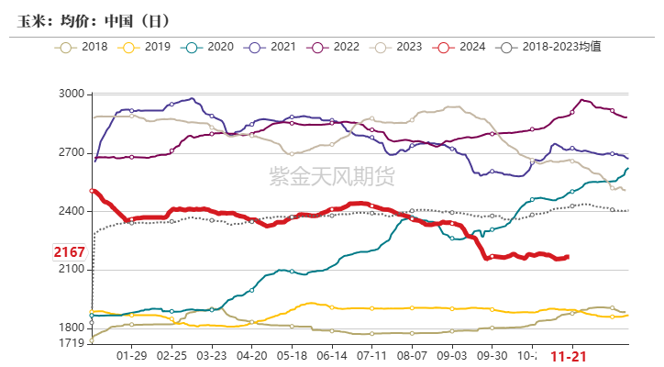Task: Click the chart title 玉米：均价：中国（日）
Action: point(94,19)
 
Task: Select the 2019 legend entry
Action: point(149,46)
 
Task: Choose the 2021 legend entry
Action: point(274,46)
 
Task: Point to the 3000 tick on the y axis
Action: point(71,95)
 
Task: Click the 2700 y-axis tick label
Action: point(71,152)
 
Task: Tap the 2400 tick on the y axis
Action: point(71,211)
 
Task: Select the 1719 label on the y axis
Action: point(71,343)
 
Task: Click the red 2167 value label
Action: point(69,252)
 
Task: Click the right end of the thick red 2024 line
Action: point(568,257)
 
